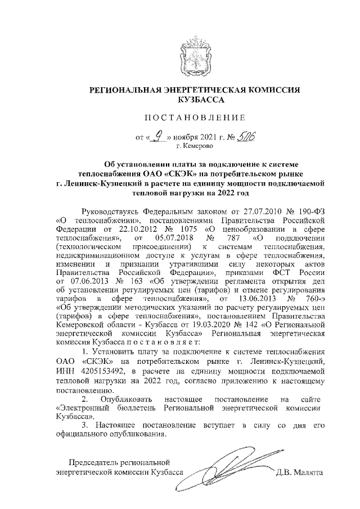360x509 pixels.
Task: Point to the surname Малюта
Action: [x=308, y=473]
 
